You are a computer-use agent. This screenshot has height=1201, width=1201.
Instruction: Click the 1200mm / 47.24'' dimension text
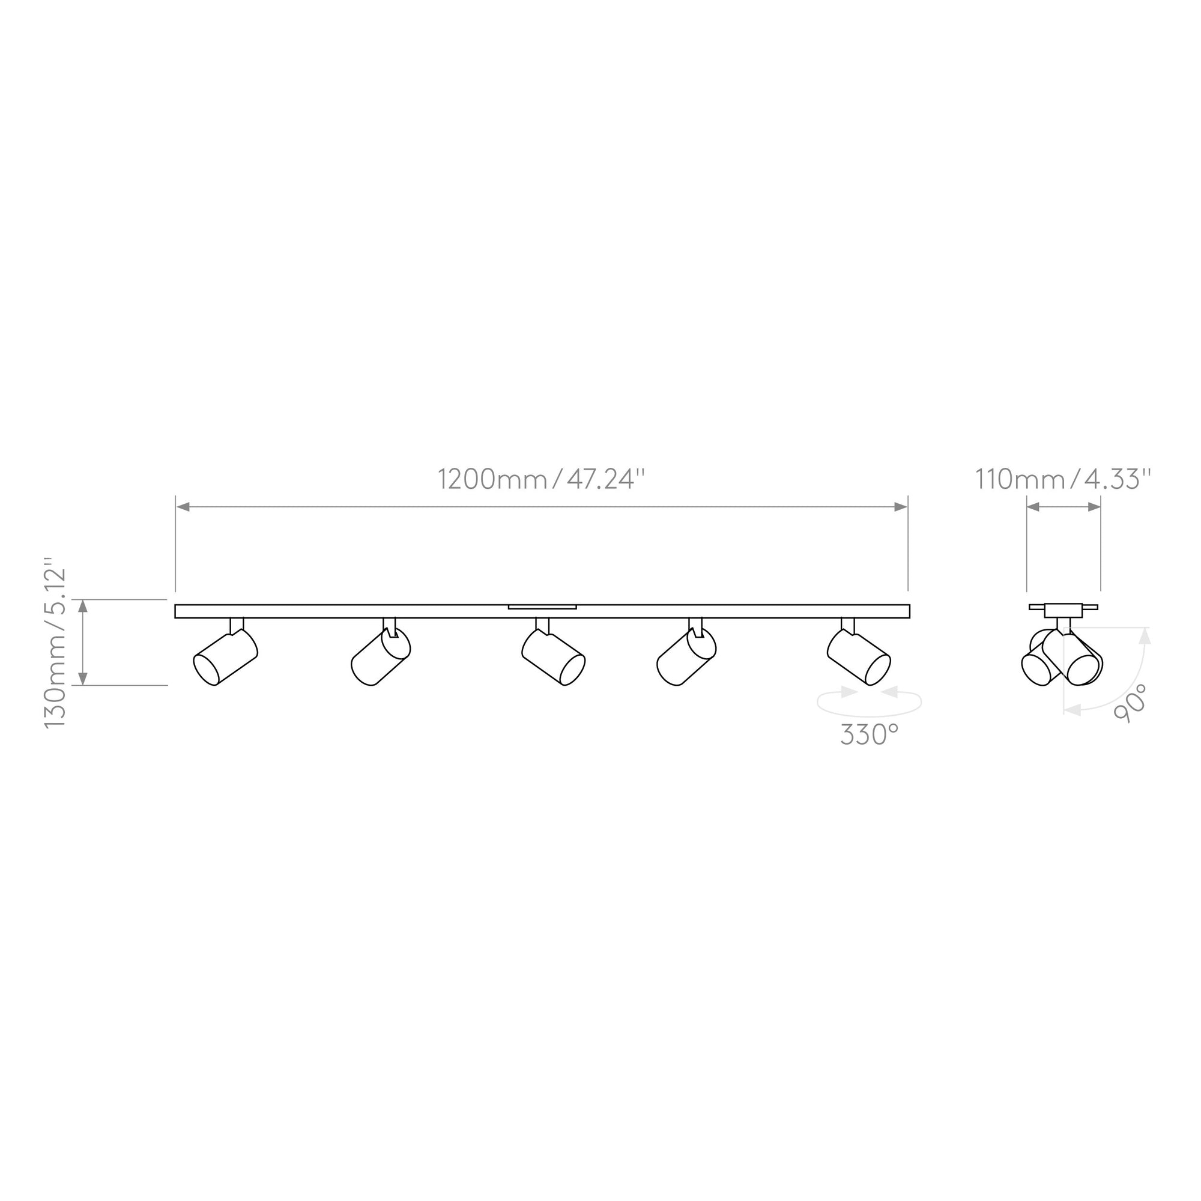[542, 479]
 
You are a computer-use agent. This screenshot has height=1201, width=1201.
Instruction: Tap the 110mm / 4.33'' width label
[1063, 479]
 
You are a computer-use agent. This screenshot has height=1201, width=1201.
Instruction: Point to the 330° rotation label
[870, 735]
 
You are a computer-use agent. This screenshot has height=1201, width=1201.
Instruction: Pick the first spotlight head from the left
[226, 657]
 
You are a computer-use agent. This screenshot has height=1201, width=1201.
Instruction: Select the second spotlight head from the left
[381, 657]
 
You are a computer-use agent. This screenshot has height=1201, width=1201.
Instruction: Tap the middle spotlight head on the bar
[553, 657]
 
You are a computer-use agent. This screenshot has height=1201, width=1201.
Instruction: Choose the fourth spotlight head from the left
[686, 657]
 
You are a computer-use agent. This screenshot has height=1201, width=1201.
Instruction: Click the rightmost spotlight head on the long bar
[859, 657]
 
